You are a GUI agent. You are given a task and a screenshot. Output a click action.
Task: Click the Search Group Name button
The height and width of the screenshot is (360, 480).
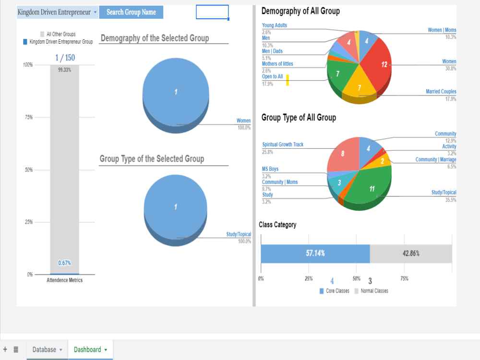coord(131,12)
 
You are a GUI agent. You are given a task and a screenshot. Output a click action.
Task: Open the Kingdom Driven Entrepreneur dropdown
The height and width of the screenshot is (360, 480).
coord(57,12)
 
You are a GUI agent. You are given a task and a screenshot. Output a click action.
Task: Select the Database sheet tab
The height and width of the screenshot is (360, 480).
coord(47,349)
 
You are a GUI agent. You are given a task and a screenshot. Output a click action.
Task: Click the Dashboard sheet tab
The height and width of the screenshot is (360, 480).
coord(90,349)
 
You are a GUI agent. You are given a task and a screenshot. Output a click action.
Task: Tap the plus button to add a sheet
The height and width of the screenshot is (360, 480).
coord(5,349)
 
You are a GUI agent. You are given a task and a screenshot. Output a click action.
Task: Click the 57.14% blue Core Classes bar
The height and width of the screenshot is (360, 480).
coord(315,253)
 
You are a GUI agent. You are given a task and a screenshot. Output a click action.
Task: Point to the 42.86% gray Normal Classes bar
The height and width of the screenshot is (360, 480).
coord(411,253)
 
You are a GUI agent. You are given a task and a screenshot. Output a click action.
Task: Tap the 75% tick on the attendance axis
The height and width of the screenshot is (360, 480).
coord(28,117)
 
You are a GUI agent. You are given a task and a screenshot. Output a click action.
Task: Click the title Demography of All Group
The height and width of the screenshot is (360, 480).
coord(300,11)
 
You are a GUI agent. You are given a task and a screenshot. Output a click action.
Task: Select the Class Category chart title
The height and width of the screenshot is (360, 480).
coord(277,224)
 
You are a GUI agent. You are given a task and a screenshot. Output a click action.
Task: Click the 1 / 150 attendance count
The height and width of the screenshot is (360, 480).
coord(65,58)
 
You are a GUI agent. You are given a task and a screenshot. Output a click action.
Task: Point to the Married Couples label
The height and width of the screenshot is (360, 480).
coord(441,92)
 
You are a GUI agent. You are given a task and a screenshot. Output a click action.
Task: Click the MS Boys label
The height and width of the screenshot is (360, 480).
coord(270,169)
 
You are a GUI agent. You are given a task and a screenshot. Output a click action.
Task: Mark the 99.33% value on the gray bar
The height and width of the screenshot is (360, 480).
coord(64,70)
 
